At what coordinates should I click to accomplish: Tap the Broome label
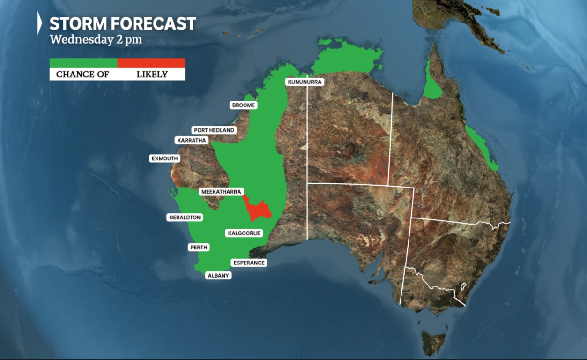(x=244, y=105)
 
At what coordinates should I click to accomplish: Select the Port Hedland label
(x=214, y=130)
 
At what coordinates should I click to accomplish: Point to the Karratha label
(x=192, y=140)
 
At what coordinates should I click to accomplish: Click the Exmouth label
(x=164, y=158)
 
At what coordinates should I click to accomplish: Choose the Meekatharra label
(x=221, y=192)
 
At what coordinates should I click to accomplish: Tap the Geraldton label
(x=185, y=217)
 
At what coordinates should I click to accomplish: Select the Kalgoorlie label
(x=244, y=233)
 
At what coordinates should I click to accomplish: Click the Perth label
(x=199, y=247)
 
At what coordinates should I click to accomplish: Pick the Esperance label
(x=249, y=263)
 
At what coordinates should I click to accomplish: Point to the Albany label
(x=218, y=276)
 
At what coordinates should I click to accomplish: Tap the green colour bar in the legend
(x=83, y=63)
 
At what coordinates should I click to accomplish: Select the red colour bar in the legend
(x=151, y=63)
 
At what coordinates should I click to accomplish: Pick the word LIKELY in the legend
(x=152, y=75)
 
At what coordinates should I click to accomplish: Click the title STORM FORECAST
(x=123, y=23)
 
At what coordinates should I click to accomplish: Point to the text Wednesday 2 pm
(x=96, y=39)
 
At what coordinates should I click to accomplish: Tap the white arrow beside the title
(x=40, y=23)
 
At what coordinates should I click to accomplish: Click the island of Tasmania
(x=433, y=341)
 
